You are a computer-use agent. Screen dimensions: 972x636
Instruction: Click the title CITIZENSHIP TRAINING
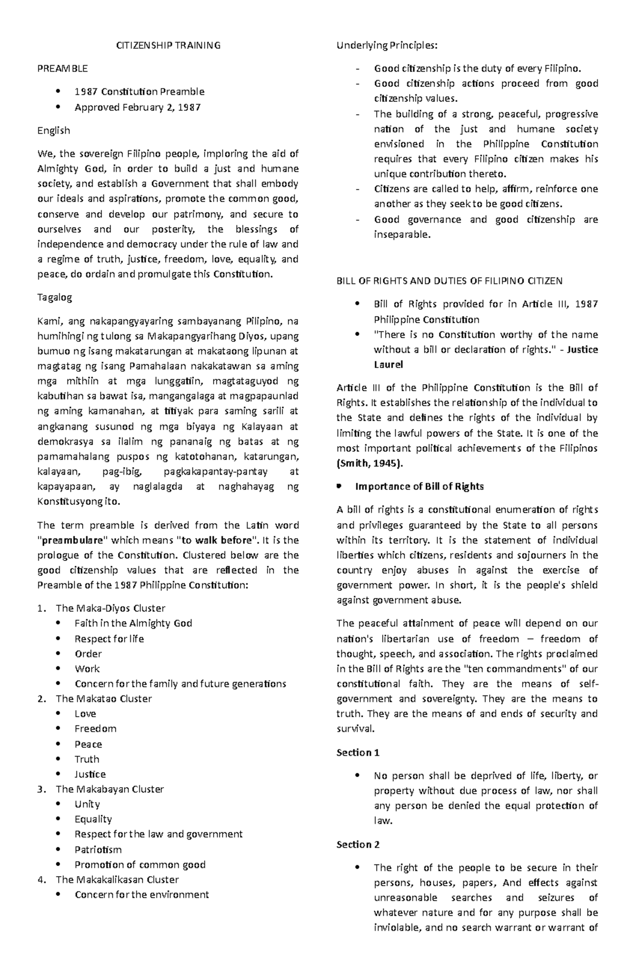[169, 46]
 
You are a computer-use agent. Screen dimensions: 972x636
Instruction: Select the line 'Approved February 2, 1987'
[138, 108]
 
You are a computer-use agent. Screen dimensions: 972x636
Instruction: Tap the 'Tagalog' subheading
[55, 298]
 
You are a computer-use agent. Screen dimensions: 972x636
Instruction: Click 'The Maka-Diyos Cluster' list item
[110, 609]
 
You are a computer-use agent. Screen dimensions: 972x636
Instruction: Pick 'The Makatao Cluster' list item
[104, 699]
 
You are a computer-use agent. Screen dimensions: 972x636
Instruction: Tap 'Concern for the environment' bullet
[142, 895]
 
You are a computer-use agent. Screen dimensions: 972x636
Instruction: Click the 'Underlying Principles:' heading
[387, 46]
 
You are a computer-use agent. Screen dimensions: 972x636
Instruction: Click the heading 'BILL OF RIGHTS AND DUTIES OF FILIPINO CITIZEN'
[449, 281]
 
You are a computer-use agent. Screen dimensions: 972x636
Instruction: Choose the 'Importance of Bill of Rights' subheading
[419, 487]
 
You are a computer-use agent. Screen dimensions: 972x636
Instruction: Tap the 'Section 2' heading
[358, 845]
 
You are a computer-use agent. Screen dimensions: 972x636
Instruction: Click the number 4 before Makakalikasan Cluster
[41, 880]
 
